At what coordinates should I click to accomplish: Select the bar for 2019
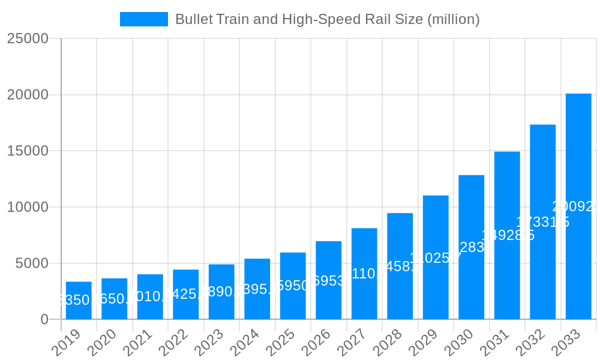[79, 300]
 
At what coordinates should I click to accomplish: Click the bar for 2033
[578, 206]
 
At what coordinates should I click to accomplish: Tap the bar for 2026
[329, 280]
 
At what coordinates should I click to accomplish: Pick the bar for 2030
[472, 247]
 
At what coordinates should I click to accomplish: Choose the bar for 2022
[186, 294]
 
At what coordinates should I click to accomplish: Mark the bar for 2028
[400, 266]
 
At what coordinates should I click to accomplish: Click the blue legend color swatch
[144, 19]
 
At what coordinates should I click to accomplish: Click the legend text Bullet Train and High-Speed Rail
[327, 19]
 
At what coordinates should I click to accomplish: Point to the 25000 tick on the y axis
[28, 38]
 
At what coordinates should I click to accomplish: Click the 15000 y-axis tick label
[28, 151]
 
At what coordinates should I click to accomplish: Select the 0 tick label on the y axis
[44, 320]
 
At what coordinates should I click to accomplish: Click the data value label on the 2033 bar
[575, 207]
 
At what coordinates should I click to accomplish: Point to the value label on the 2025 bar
[293, 286]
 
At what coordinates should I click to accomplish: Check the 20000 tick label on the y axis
[28, 95]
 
